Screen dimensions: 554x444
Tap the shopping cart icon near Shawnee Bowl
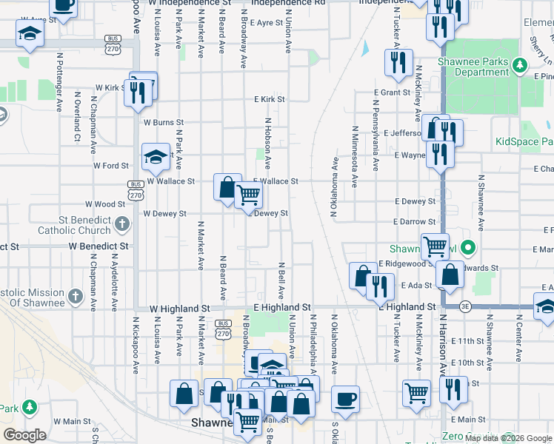click(x=435, y=246)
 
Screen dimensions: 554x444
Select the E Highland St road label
click(x=281, y=306)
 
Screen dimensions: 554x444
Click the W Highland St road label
click(x=178, y=307)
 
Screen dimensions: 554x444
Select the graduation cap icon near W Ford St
click(x=156, y=156)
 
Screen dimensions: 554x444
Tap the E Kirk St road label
click(x=270, y=99)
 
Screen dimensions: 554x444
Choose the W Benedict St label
click(x=99, y=245)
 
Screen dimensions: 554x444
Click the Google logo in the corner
click(x=24, y=435)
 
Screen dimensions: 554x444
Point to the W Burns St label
click(x=163, y=122)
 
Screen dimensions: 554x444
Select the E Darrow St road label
click(x=415, y=221)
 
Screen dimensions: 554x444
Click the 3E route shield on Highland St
click(x=464, y=306)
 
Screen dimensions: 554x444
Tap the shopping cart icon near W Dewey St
click(x=249, y=195)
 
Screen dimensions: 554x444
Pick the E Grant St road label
click(x=392, y=92)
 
